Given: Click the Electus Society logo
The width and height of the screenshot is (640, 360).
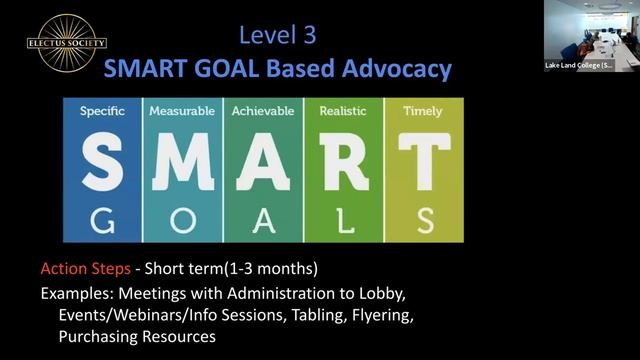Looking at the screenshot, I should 67,44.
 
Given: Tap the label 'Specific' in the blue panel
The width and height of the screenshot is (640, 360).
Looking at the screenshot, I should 102,112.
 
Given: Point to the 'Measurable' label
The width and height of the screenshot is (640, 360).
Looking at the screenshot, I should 182,112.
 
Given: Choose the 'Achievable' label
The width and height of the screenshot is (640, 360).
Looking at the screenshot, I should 263,112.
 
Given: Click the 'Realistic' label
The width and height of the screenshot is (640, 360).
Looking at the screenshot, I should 343,112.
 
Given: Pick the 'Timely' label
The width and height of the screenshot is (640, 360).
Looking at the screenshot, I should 422,112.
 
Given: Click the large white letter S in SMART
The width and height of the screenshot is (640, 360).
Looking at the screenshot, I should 102,164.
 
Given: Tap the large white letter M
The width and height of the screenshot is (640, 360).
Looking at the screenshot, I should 182,164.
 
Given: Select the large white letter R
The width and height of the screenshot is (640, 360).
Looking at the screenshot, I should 344,164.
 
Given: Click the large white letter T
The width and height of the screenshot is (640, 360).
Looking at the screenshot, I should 424,164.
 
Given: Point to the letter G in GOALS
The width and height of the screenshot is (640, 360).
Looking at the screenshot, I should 102,220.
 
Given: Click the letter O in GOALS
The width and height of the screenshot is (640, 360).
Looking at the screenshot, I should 182,220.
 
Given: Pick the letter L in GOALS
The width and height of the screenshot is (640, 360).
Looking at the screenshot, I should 344,220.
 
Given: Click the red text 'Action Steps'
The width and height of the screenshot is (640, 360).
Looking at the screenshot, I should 83,270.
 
